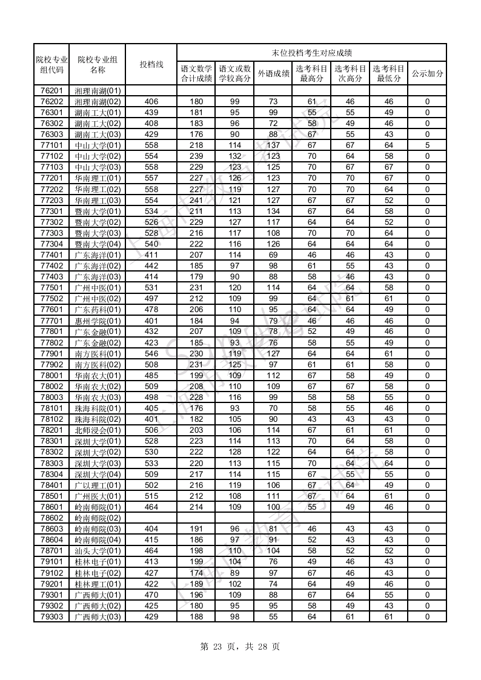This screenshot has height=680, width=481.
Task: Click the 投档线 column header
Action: [x=151, y=64]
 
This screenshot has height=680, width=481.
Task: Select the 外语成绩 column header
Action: [x=273, y=73]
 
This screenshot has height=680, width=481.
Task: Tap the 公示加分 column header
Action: [x=427, y=73]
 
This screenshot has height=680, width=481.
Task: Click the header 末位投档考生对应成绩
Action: [x=311, y=53]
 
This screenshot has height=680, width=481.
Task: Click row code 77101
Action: [x=51, y=145]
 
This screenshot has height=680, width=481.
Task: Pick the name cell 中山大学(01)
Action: [x=98, y=145]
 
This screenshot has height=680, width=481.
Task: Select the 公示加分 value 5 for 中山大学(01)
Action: [x=427, y=145]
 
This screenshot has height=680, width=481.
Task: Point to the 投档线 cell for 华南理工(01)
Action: [x=151, y=178]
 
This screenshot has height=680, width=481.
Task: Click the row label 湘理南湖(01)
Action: [x=98, y=91]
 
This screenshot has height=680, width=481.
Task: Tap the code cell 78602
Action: [x=51, y=518]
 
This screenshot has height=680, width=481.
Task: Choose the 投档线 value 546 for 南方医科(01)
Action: [x=151, y=353]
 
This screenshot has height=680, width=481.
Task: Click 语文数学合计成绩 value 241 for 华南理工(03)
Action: [x=196, y=200]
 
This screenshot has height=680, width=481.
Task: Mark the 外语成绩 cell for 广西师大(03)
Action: [x=273, y=617]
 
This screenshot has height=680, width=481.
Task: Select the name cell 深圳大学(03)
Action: [x=98, y=464]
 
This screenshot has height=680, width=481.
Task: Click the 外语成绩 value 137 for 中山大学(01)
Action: [x=273, y=145]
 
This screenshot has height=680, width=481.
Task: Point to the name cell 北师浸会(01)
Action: [x=98, y=430]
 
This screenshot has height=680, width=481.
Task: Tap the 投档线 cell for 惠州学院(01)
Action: [x=151, y=321]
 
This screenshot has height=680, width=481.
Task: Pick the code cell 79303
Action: [x=51, y=617]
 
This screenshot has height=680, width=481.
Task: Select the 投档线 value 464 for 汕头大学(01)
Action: [x=151, y=551]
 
